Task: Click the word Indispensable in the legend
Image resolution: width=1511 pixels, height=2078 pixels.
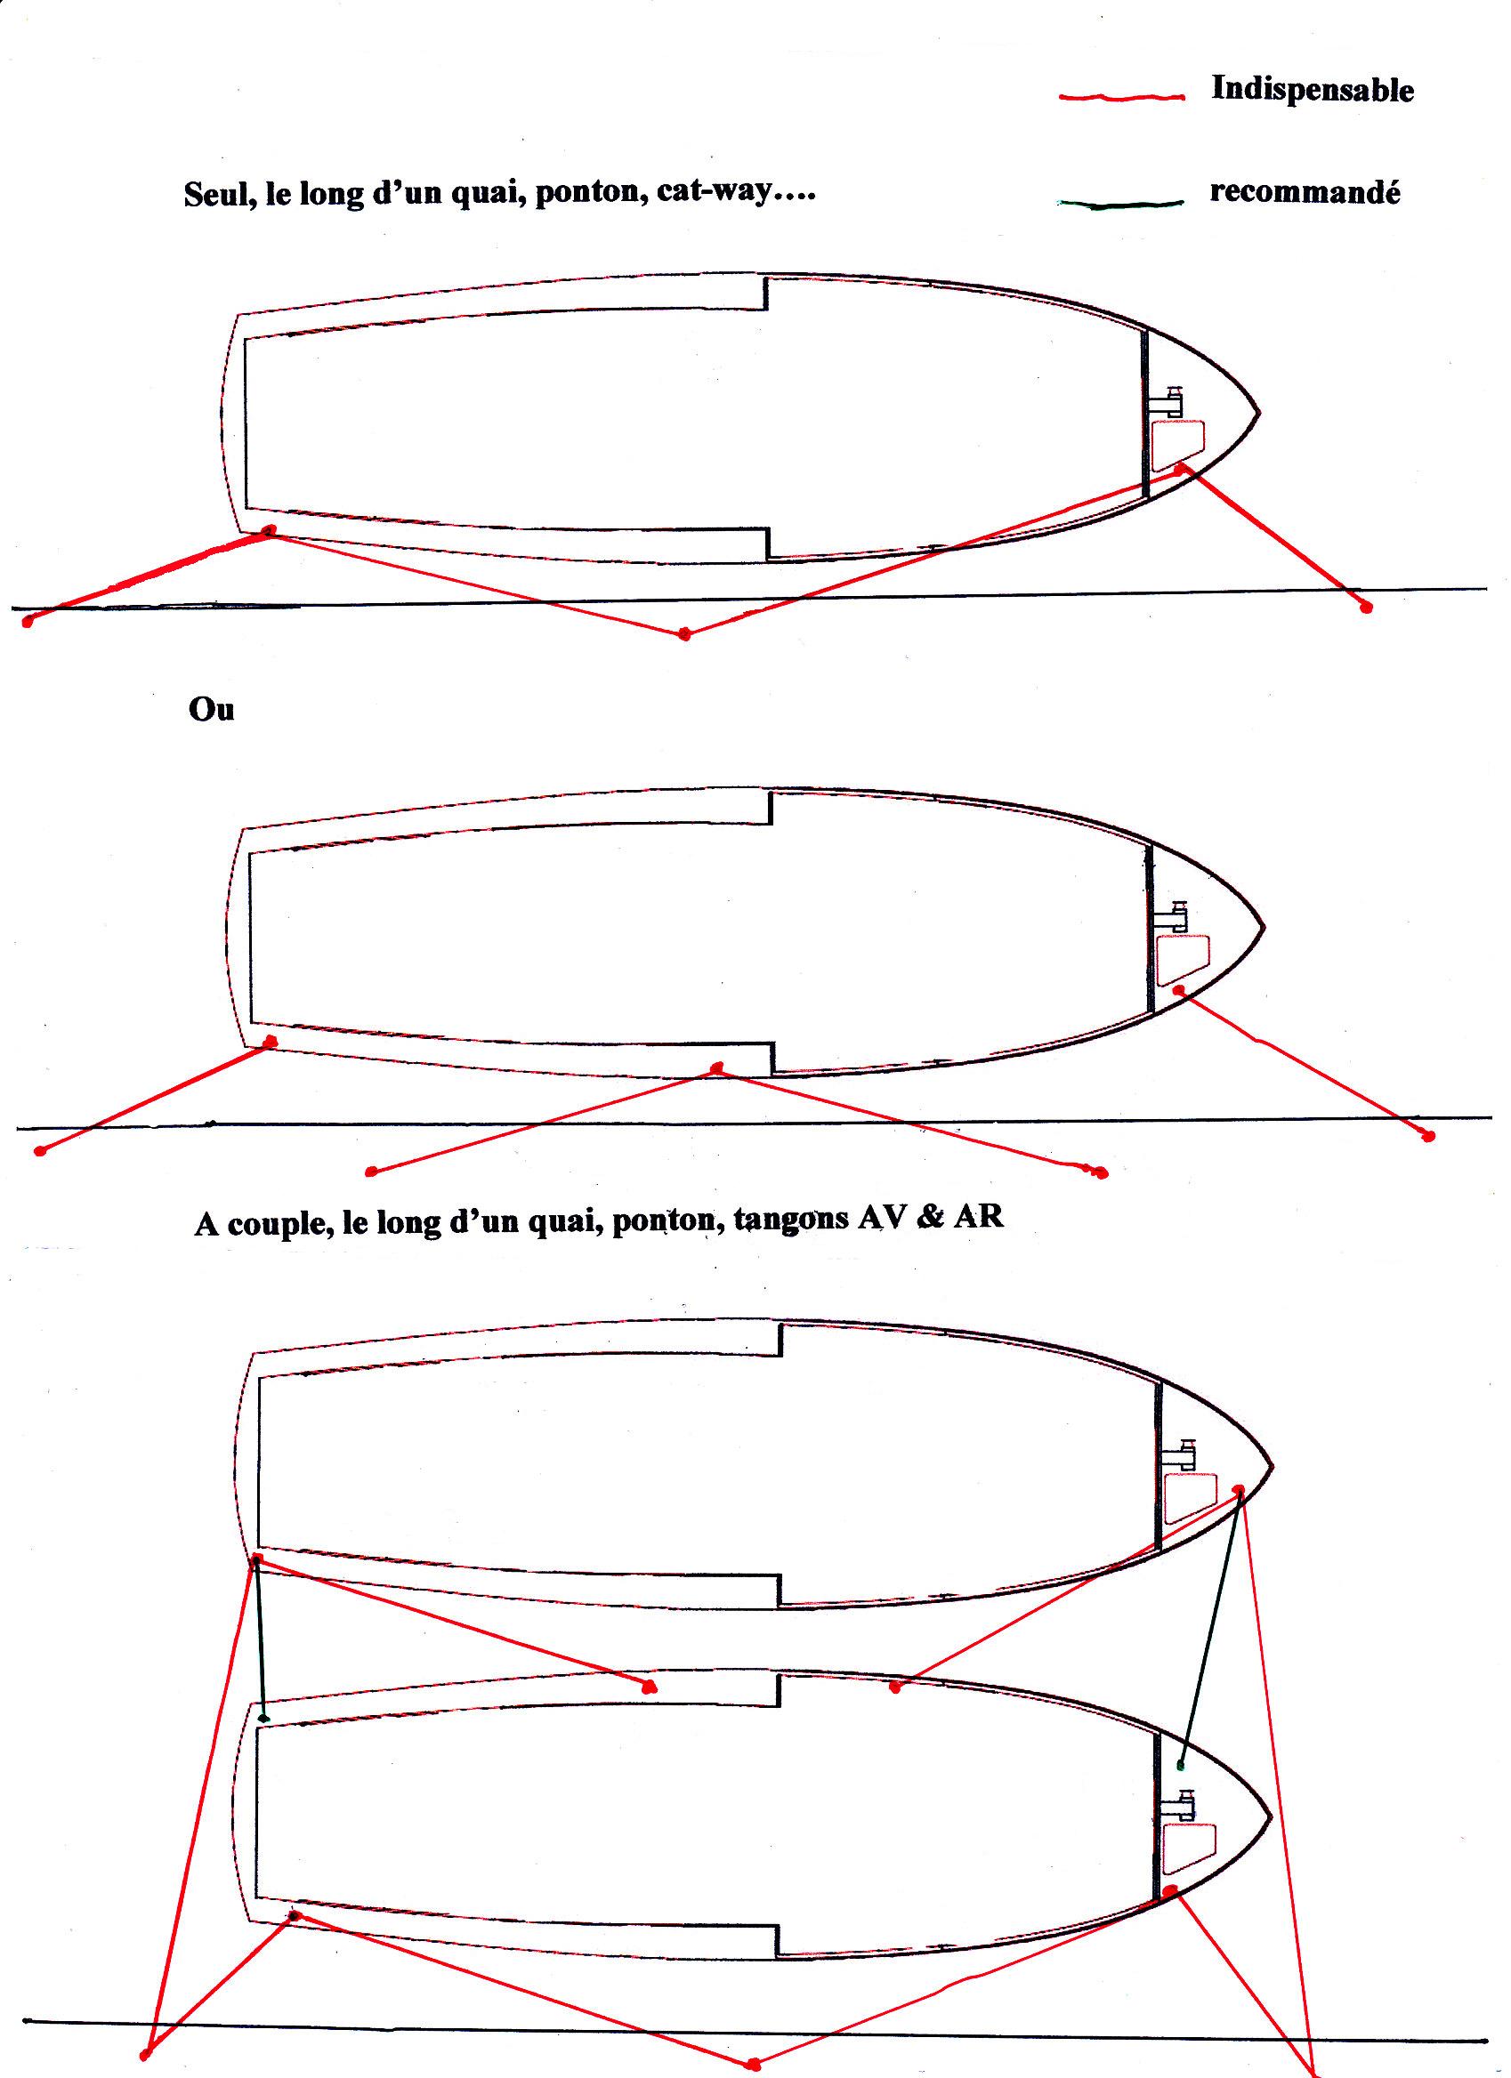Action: tap(1313, 90)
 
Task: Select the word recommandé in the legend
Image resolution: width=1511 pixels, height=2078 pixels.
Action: tap(1305, 191)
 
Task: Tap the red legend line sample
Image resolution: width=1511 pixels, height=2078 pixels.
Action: tap(1121, 96)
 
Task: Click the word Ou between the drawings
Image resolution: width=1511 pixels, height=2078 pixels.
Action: tap(212, 709)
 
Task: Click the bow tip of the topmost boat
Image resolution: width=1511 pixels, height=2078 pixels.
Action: tap(1258, 414)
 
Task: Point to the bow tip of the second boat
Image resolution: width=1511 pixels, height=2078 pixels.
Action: tap(1264, 928)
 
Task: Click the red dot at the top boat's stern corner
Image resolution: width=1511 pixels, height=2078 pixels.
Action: tap(269, 530)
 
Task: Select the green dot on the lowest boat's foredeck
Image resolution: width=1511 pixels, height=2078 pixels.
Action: tap(1181, 1765)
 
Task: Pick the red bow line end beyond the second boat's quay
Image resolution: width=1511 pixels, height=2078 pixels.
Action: tap(1427, 1136)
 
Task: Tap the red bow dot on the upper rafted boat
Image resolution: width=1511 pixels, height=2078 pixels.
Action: tap(1239, 1489)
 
